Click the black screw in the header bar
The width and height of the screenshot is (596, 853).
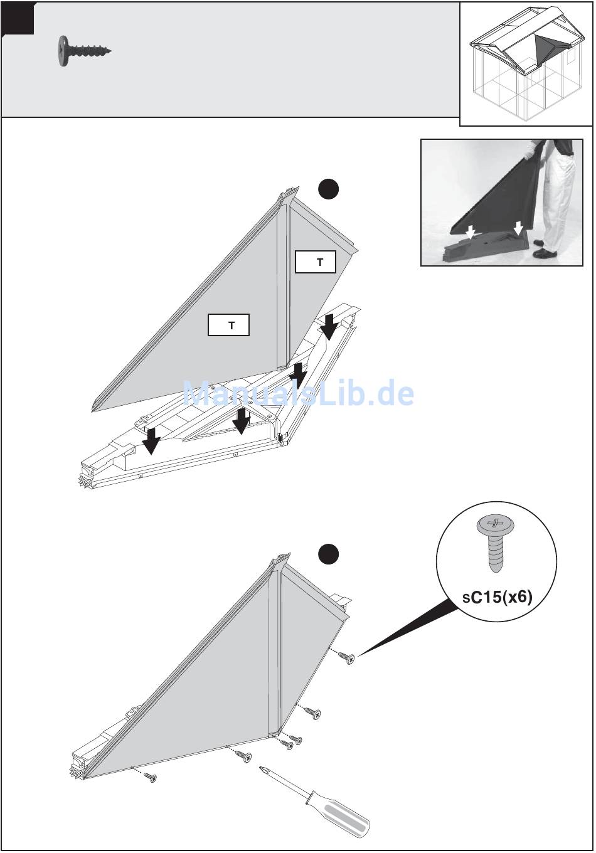coord(84,51)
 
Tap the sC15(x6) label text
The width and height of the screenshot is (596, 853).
coord(497,596)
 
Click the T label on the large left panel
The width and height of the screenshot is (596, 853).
coord(228,325)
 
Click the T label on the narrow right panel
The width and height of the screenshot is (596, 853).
coord(316,262)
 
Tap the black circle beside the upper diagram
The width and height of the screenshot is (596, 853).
coord(328,189)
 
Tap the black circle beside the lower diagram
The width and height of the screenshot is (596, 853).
coord(328,554)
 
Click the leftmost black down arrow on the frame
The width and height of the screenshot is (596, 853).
coord(151,441)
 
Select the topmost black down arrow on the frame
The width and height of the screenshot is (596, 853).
coord(329,327)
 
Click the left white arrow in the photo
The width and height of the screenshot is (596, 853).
coord(471,232)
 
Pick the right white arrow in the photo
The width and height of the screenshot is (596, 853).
coord(518,228)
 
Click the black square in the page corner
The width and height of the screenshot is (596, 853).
coord(18,18)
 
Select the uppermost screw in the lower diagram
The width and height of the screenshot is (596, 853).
coord(346,657)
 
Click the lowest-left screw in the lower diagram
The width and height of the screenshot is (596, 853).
coord(150,777)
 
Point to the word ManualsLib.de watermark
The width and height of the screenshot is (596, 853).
coord(299,393)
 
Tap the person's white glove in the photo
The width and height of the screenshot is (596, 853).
coord(529,151)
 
